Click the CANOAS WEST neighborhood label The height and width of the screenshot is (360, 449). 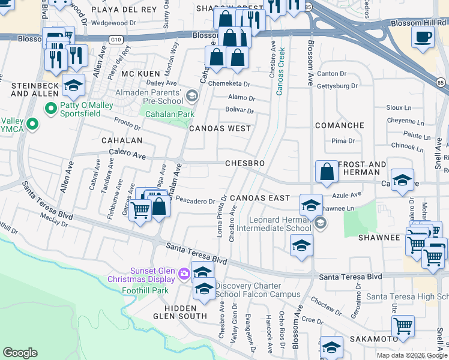click(x=220, y=128)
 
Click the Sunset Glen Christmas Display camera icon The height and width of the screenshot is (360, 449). click(x=184, y=274)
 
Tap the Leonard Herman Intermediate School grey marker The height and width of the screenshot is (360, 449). click(x=320, y=223)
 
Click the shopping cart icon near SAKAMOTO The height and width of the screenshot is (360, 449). click(x=403, y=327)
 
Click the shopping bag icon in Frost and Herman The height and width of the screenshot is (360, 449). click(x=327, y=171)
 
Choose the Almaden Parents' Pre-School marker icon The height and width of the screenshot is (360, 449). click(x=191, y=96)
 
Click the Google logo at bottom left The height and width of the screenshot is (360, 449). click(x=20, y=353)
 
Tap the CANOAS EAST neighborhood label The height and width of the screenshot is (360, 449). click(x=259, y=198)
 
